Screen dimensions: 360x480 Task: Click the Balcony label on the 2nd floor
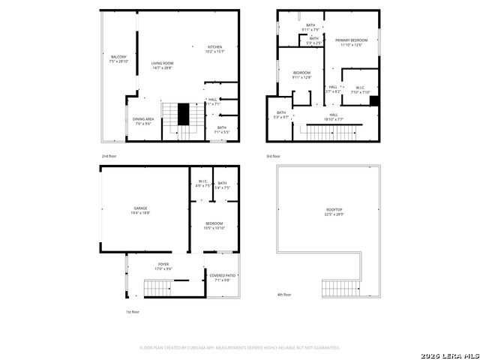point(118,59)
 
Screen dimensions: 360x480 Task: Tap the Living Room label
point(162,65)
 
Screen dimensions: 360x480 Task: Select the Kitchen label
point(214,49)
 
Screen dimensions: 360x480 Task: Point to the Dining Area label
point(143,121)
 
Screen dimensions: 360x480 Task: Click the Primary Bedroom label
point(350,42)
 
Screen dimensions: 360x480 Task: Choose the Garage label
point(141,210)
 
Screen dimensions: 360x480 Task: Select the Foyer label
point(163,266)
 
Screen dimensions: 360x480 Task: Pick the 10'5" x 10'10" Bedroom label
point(214,225)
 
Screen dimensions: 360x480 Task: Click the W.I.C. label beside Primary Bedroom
point(360,89)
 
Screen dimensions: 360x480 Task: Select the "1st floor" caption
point(132,310)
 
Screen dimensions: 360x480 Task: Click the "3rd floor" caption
point(273,156)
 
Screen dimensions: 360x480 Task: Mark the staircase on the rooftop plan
point(341,288)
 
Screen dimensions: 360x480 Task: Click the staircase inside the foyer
point(157,287)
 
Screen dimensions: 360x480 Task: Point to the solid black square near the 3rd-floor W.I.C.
point(375,101)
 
